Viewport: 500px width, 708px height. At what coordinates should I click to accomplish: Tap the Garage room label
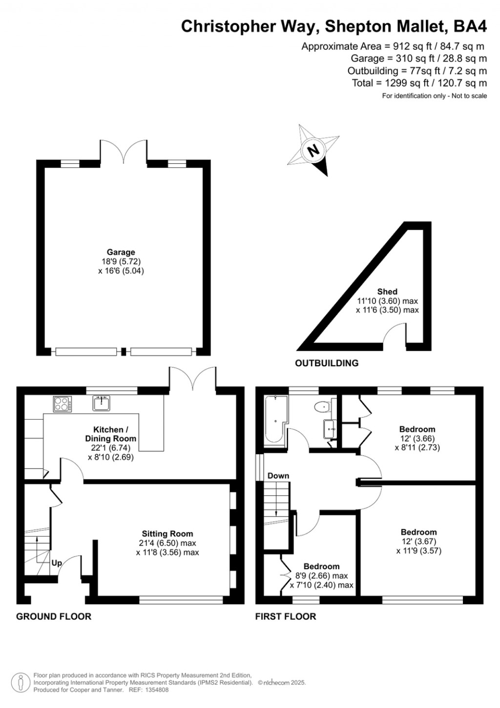point(121,252)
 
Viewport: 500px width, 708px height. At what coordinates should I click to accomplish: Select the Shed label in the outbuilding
point(387,291)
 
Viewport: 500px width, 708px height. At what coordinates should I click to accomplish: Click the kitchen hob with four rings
point(62,404)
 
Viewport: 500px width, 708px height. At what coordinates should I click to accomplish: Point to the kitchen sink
point(102,403)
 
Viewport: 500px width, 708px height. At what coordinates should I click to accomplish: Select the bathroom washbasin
point(330,429)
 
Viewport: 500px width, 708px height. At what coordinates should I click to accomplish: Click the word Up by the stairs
point(57,563)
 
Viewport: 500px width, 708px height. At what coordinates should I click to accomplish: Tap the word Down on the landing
point(278,476)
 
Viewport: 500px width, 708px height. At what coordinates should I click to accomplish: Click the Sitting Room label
point(167,534)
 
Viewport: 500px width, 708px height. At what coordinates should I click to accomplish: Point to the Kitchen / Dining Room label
point(111,434)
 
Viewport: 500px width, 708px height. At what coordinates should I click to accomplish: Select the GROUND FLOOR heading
point(54,617)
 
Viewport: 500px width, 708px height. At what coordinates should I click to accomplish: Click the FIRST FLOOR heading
point(286,617)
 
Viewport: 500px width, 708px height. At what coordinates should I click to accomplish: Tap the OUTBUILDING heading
point(327,363)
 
